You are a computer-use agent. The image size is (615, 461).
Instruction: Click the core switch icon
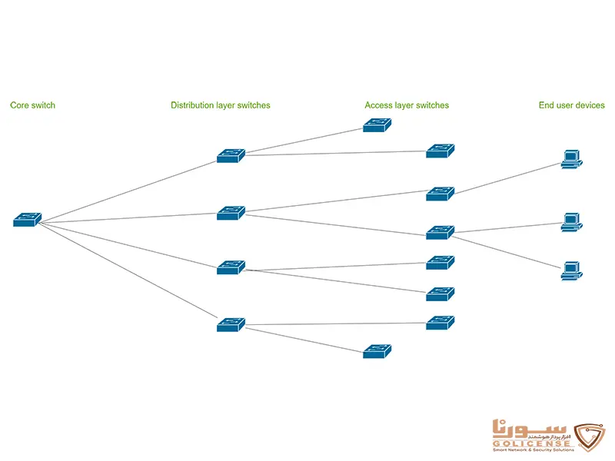[x=27, y=220]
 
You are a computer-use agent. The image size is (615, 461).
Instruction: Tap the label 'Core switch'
[x=33, y=105]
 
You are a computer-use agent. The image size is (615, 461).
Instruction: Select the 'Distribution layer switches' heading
[x=221, y=105]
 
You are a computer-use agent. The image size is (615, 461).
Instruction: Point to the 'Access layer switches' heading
[x=407, y=105]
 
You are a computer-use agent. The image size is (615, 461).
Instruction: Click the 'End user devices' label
[x=572, y=105]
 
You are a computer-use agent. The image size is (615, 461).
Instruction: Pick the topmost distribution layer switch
[x=231, y=156]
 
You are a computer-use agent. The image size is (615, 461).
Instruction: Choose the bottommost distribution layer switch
[x=231, y=324]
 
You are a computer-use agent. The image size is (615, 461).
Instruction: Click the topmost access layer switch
[x=377, y=124]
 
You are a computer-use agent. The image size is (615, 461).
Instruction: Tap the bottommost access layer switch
[x=377, y=351]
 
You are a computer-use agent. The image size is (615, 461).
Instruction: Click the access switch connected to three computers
[x=440, y=232]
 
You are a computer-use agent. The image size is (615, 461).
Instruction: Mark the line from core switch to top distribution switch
[x=129, y=191]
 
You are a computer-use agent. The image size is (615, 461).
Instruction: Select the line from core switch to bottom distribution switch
[x=129, y=273]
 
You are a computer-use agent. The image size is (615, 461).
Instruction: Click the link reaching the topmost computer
[x=507, y=178]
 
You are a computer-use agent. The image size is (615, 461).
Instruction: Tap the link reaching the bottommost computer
[x=507, y=254]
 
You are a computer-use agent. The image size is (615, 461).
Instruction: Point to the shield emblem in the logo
[x=590, y=434]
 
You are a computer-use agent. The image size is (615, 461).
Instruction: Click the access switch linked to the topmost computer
[x=440, y=194]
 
